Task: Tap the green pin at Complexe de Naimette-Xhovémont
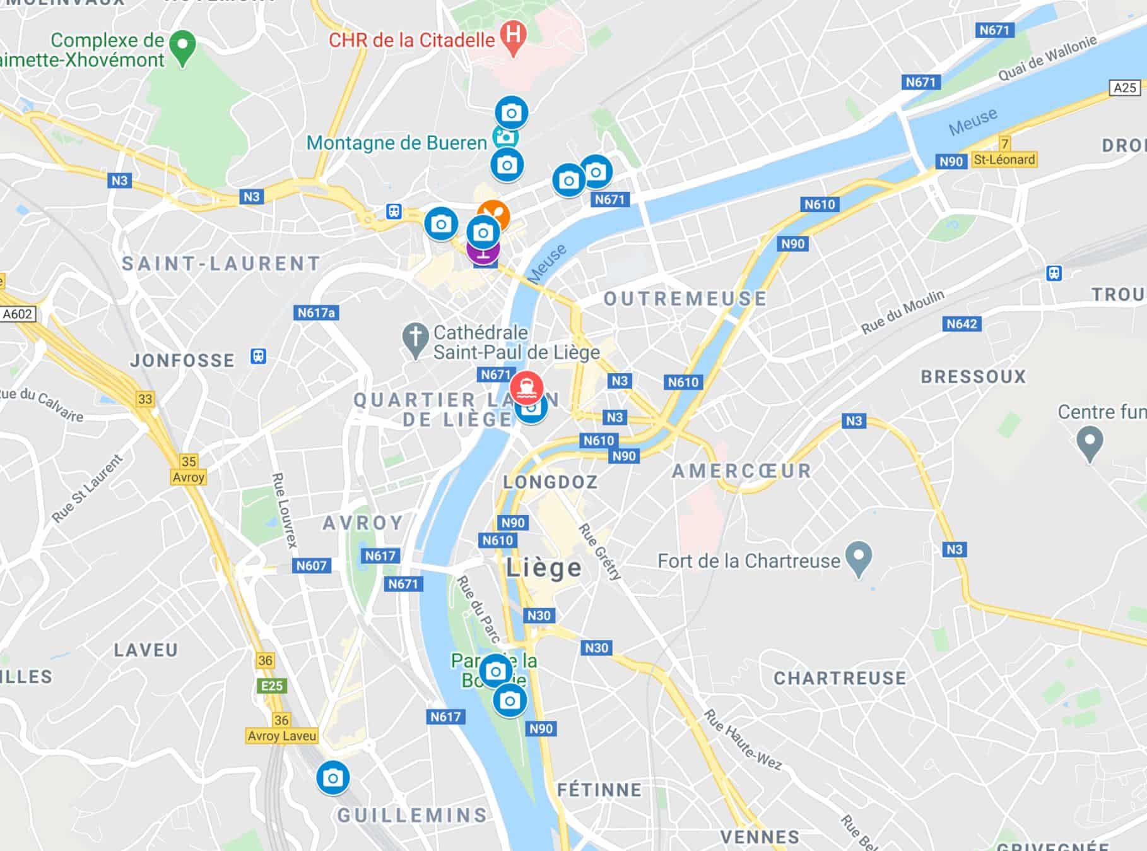pos(182,47)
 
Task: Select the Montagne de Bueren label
pos(397,143)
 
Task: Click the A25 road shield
pos(1125,88)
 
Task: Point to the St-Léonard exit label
pos(1004,160)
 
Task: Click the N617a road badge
pos(316,312)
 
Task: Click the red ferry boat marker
pos(527,386)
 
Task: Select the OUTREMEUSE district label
pos(685,299)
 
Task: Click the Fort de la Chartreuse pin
pos(858,558)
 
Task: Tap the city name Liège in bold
pos(544,568)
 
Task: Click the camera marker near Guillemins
pos(332,778)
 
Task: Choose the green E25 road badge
pos(272,686)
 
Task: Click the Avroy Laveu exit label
pos(282,735)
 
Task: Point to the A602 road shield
pos(18,314)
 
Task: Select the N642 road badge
pos(962,324)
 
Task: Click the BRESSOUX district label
pos(973,377)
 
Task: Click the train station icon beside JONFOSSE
pos(258,356)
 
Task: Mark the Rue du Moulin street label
pos(903,311)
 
